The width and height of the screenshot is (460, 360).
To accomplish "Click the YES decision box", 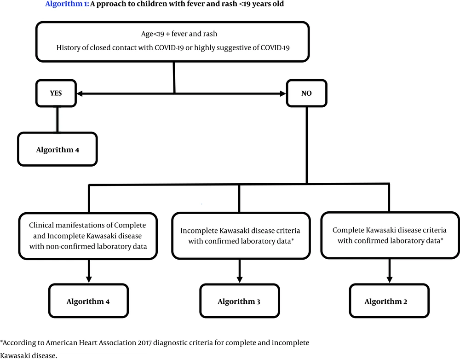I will point(56,93).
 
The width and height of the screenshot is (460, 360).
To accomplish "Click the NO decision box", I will point(306,93).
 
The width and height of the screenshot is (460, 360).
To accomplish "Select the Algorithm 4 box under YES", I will point(57,150).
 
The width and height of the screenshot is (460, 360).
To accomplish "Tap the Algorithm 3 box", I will point(239,302).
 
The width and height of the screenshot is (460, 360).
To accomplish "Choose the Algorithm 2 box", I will point(389,302).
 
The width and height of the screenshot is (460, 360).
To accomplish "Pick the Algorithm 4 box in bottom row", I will point(88,302).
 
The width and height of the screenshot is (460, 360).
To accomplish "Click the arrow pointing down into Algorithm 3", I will point(239,278).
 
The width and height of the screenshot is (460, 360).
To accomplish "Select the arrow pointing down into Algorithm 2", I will point(390,278).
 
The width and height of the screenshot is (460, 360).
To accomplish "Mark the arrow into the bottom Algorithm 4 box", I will point(88,278).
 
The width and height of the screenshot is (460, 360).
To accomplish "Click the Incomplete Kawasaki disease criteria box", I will point(239,235).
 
